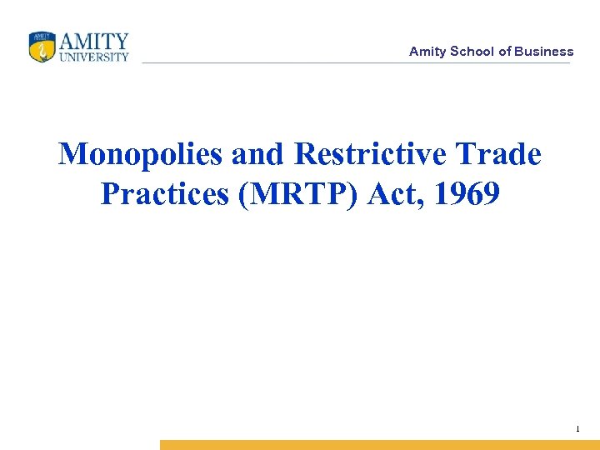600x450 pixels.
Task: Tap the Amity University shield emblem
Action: coord(41,47)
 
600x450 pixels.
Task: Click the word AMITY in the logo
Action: coord(94,41)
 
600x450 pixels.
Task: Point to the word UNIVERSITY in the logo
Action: coord(94,57)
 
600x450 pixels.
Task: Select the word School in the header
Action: coord(472,52)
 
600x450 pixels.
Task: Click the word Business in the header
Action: coord(544,52)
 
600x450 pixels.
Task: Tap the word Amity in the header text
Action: coord(427,52)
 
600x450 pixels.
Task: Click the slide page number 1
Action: coord(577,429)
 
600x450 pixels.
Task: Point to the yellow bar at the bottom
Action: coord(379,445)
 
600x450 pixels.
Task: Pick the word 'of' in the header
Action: coord(505,52)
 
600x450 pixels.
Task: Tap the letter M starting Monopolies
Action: coord(73,154)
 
